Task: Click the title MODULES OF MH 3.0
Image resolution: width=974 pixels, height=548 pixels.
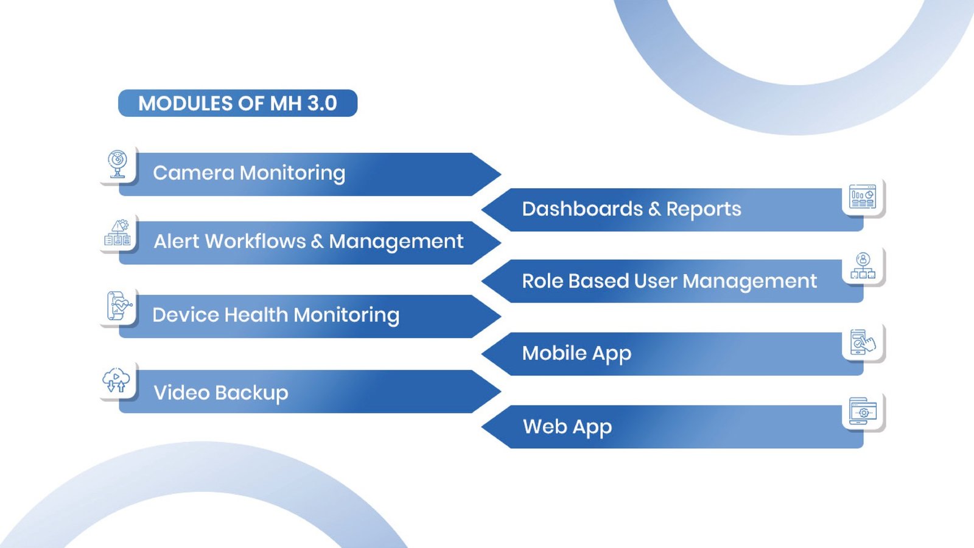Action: [237, 104]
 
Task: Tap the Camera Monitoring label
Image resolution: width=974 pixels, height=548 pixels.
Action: [249, 173]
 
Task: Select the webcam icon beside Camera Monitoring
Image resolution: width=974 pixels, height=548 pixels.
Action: [117, 164]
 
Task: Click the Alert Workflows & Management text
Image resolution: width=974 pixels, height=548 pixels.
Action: [308, 242]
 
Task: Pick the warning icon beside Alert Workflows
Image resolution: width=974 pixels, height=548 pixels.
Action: [118, 233]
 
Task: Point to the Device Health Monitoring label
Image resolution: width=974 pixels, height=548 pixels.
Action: [276, 315]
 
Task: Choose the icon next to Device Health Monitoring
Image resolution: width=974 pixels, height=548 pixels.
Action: [119, 306]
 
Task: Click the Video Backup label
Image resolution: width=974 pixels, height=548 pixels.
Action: [221, 393]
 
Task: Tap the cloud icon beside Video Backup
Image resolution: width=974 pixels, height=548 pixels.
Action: [116, 381]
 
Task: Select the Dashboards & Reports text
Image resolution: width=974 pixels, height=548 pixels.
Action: [631, 209]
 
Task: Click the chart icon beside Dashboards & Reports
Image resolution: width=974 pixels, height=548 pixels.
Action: [862, 197]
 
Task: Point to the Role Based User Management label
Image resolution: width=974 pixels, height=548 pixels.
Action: [669, 281]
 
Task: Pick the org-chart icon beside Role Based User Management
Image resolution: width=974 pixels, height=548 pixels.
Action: [863, 266]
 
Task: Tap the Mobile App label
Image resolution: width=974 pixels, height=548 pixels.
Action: [576, 353]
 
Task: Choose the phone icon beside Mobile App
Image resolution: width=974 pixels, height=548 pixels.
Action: [862, 342]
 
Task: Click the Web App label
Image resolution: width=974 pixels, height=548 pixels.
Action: [567, 427]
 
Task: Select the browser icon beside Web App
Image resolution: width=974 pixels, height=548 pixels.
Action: [863, 412]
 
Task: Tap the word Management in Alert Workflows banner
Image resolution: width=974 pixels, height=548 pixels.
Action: [396, 242]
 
